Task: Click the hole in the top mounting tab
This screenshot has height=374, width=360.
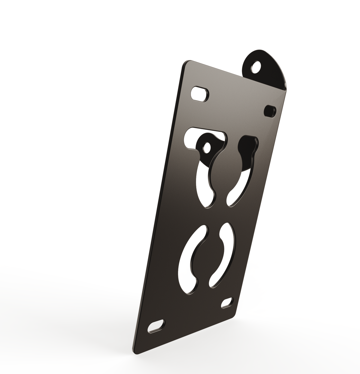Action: click(256, 67)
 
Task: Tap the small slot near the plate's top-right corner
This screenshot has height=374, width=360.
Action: click(270, 111)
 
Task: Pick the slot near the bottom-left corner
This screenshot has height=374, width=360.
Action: click(156, 326)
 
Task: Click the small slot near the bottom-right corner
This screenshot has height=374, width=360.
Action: click(227, 302)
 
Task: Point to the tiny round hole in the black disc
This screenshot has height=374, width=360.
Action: click(207, 148)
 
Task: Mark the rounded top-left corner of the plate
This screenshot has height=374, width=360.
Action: click(187, 64)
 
